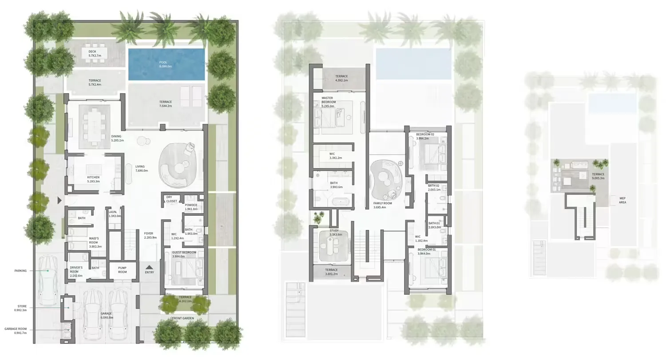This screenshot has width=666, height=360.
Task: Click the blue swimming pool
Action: [166, 64]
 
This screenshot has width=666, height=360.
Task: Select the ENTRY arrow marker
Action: [149, 267]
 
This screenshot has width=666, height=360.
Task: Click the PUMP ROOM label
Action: [122, 270]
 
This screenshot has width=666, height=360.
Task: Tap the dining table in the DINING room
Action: [94, 126]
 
